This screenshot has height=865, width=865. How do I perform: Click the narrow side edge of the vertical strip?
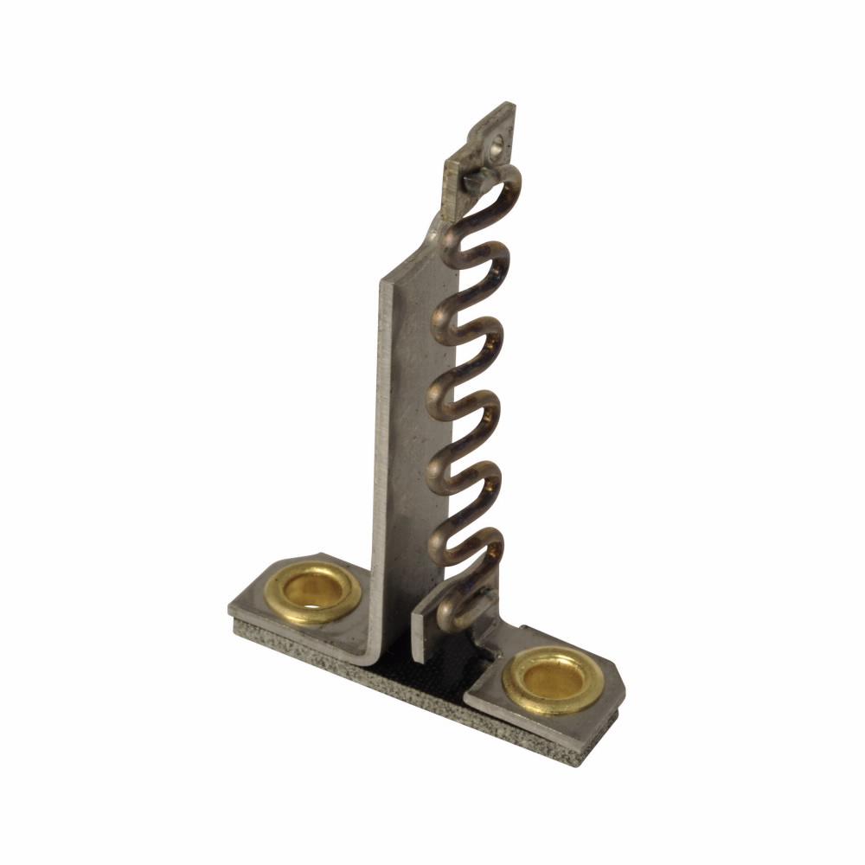[384, 450]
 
